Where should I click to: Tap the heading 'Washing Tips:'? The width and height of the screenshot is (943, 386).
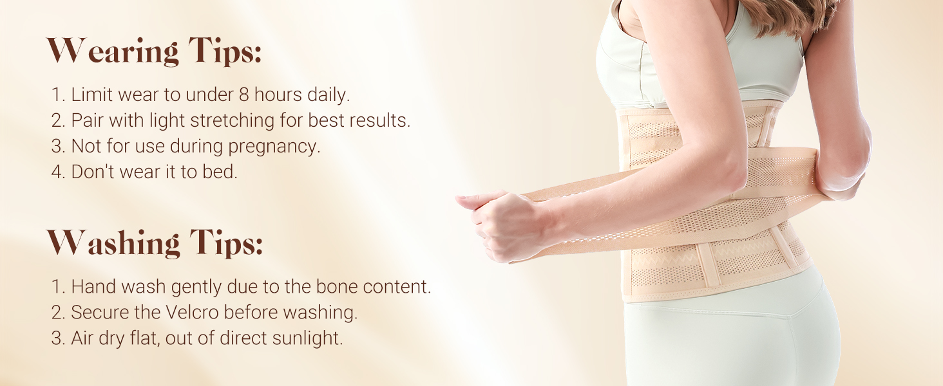point(155,243)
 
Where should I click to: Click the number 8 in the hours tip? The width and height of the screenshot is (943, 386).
point(242,95)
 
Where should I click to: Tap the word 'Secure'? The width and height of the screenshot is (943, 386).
point(97,313)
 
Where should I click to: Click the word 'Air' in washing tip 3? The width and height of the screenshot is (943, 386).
point(82,338)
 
